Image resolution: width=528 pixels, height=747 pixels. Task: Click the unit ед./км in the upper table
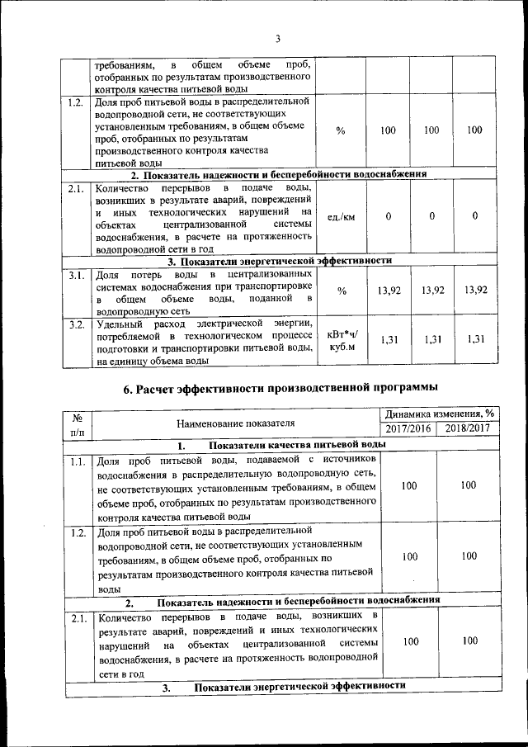point(341,216)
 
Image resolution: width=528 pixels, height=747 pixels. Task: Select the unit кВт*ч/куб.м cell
point(341,341)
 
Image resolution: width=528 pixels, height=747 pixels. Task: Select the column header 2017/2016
point(408,428)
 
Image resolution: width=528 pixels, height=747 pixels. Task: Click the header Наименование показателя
point(235,422)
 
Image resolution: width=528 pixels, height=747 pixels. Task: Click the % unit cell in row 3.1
point(341,291)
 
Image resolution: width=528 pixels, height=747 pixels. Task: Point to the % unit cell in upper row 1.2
point(341,130)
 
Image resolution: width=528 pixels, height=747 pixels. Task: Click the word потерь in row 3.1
point(144,273)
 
